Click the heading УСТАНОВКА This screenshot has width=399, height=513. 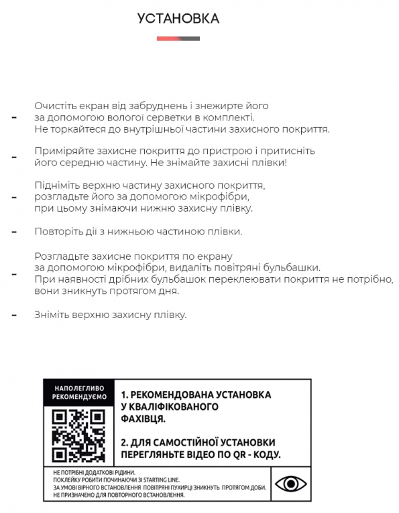[x=178, y=18]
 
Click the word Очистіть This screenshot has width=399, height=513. [x=54, y=106]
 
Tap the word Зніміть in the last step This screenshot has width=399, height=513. [x=52, y=314]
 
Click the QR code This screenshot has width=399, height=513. [x=78, y=435]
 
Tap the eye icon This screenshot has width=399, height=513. [x=290, y=484]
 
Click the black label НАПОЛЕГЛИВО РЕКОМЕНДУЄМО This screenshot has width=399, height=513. [x=78, y=393]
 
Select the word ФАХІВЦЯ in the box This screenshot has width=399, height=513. [x=143, y=419]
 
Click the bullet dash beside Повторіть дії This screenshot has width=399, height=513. [x=14, y=232]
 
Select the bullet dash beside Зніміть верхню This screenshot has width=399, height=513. [x=14, y=314]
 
